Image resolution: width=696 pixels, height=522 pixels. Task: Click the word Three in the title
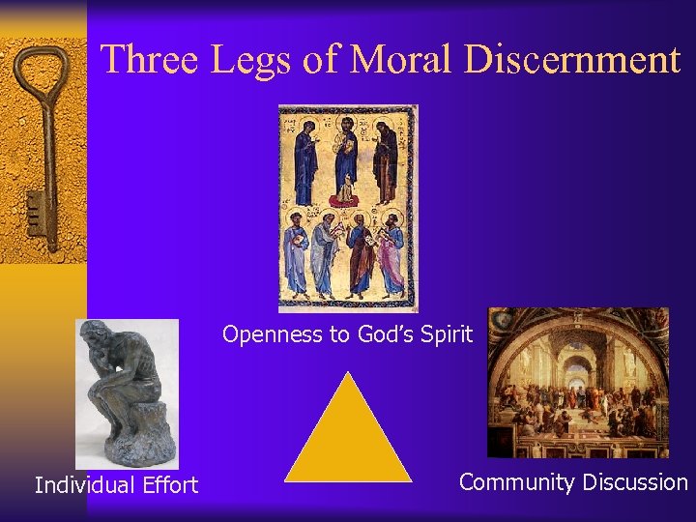pyautogui.click(x=144, y=60)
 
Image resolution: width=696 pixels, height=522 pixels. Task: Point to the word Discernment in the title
pyautogui.click(x=572, y=60)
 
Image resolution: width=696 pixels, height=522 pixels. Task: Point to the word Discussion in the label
pyautogui.click(x=633, y=482)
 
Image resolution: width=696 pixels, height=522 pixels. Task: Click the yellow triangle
pyautogui.click(x=348, y=435)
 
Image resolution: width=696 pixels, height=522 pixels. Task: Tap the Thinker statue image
pyautogui.click(x=127, y=391)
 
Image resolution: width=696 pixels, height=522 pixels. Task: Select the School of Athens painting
pyautogui.click(x=577, y=382)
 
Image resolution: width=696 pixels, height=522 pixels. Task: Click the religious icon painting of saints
pyautogui.click(x=348, y=209)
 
